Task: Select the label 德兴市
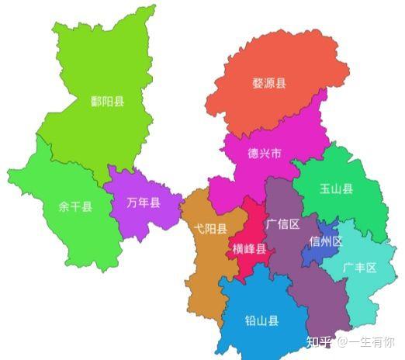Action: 242,153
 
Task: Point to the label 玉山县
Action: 336,189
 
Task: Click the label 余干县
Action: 75,207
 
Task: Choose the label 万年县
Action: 144,203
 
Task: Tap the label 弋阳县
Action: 210,229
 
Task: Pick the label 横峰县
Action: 249,249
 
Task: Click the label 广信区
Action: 282,225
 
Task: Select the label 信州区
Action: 326,241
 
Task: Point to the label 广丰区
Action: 359,268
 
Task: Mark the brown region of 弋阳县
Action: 203,264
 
